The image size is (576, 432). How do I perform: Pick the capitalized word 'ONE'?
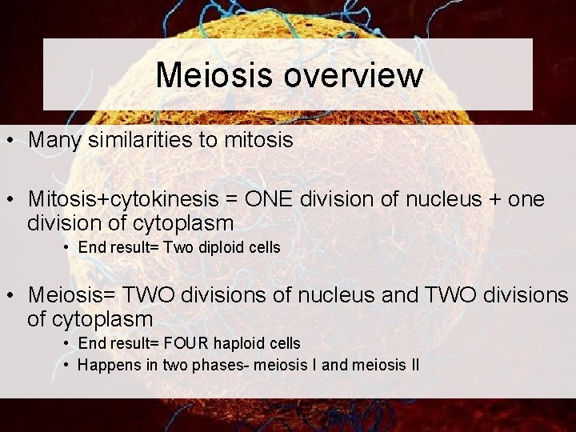pyautogui.click(x=276, y=198)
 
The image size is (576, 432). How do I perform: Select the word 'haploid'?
pyautogui.click(x=241, y=343)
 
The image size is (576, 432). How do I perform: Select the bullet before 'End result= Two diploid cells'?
pyautogui.click(x=67, y=248)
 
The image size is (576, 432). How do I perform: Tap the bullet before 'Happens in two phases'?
pyautogui.click(x=67, y=366)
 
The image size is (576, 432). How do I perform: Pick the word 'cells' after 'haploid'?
pyautogui.click(x=284, y=343)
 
